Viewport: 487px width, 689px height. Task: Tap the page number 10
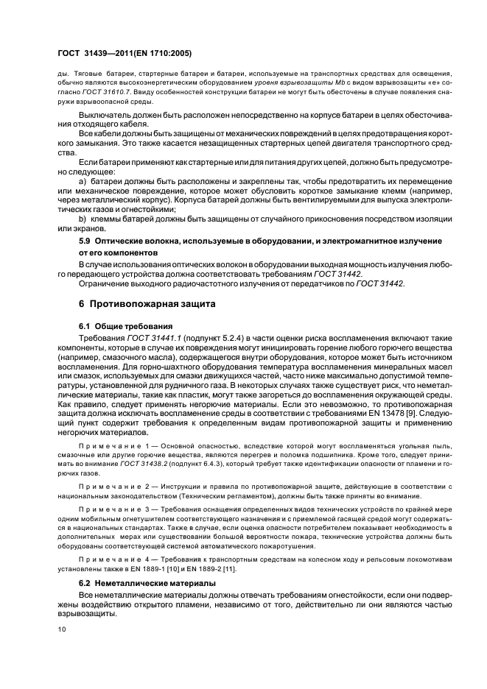click(61, 629)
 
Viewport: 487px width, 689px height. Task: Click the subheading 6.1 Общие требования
click(125, 325)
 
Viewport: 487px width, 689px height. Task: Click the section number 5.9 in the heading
click(87, 241)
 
